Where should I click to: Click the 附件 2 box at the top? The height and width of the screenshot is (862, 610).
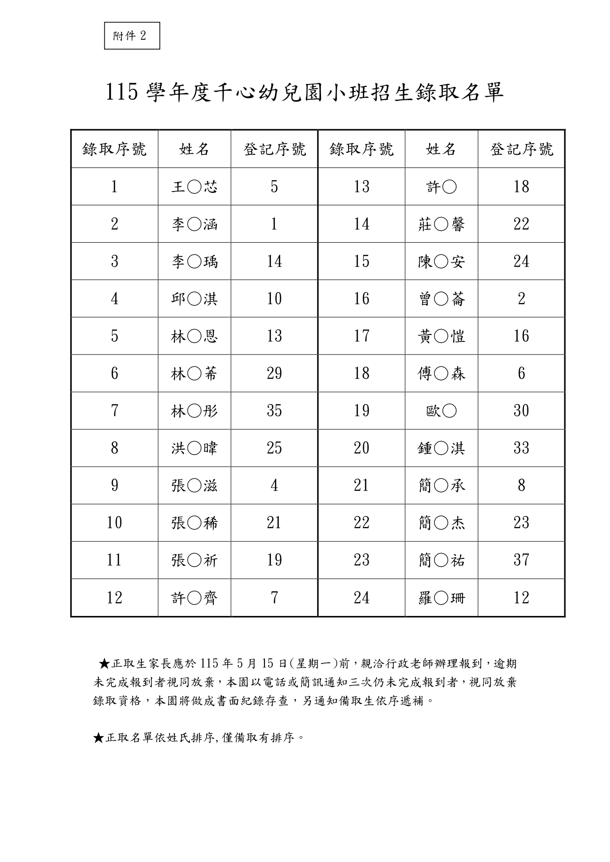[132, 36]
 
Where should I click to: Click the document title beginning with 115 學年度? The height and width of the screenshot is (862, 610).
[305, 93]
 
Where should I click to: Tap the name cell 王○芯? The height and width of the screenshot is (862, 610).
[194, 187]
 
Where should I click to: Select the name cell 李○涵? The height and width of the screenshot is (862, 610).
[194, 224]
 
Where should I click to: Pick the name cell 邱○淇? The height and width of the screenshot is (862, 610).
[194, 299]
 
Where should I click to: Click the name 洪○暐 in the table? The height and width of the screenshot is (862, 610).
[194, 448]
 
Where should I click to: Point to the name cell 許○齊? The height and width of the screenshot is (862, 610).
[194, 598]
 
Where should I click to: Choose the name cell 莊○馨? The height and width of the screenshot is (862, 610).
[441, 224]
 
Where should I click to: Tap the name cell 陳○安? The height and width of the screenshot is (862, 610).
[441, 261]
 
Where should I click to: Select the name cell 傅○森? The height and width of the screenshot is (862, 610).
[441, 374]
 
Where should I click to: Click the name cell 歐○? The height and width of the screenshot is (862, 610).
[441, 411]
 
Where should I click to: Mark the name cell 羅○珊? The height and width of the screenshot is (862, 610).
[441, 598]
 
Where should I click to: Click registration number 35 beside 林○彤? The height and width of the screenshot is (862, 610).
[274, 411]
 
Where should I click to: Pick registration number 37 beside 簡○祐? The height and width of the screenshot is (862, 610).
[521, 560]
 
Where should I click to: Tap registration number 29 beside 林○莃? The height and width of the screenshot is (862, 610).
[274, 374]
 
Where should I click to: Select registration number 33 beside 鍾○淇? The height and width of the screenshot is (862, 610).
[521, 448]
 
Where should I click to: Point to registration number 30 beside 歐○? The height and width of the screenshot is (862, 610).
[521, 411]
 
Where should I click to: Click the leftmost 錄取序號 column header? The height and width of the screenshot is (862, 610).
[115, 149]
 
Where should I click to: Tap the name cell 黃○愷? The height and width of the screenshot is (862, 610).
[441, 336]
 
